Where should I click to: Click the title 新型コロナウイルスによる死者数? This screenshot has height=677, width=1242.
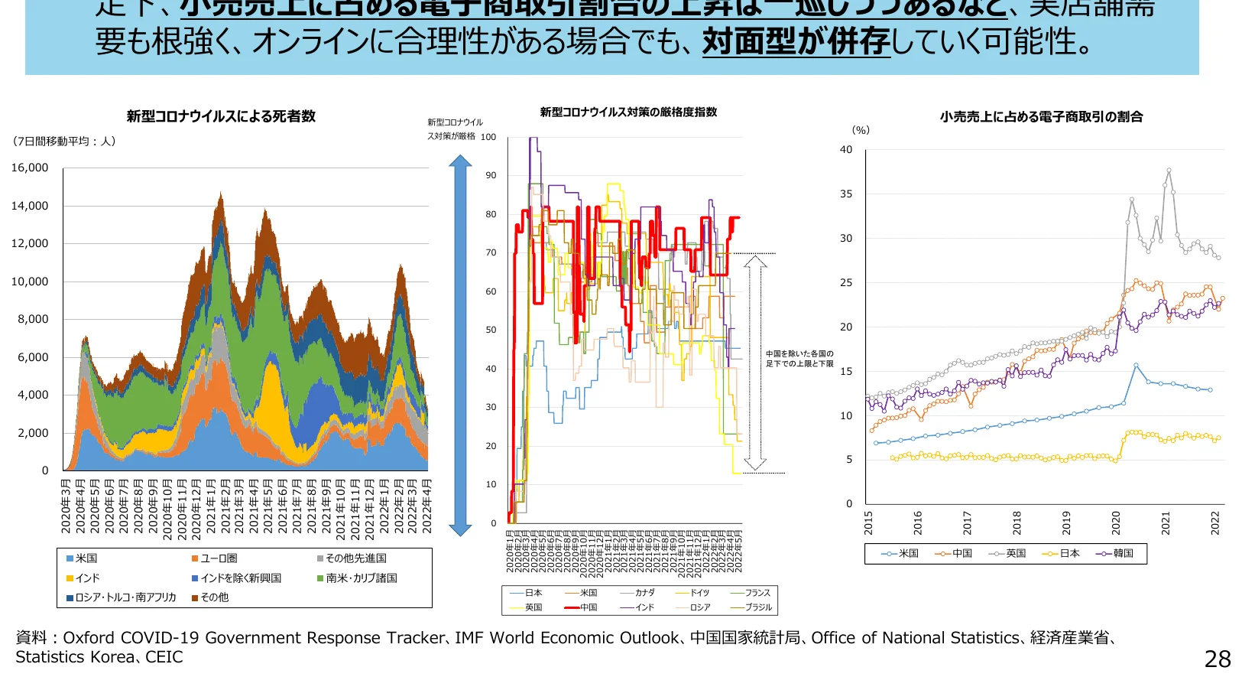221,116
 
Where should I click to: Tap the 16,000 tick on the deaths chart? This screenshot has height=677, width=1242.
30,168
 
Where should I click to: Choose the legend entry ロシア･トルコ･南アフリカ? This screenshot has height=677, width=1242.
122,597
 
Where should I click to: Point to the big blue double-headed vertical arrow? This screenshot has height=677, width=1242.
460,345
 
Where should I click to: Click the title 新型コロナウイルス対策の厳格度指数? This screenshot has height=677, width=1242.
628,112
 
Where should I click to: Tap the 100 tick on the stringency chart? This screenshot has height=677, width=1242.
488,138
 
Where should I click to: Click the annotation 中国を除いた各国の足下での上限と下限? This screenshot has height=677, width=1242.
799,359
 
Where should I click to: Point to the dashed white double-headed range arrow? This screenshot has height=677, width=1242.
755,363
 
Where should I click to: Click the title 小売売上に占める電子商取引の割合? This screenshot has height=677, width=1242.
1041,117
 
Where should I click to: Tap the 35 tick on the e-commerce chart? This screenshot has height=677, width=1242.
846,194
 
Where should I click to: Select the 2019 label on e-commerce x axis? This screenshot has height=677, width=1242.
1066,522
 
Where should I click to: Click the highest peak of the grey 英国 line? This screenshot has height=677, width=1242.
1169,171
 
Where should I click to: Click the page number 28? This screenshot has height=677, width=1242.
1218,659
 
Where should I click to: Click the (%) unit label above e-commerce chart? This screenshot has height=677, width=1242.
861,131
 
